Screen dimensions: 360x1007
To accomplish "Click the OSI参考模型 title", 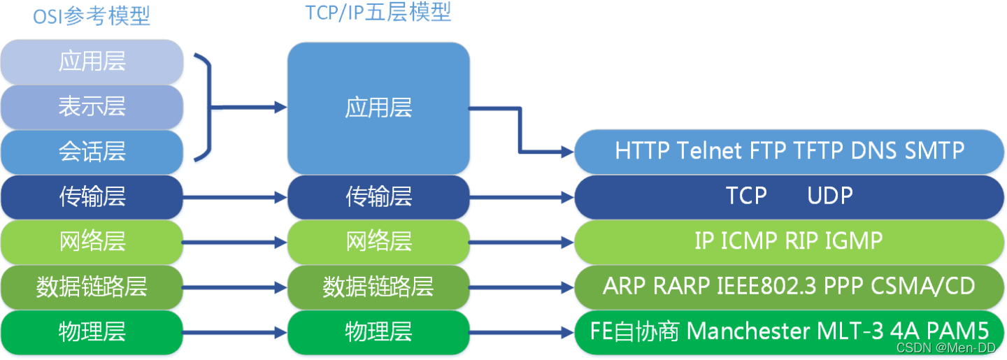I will coord(92,16).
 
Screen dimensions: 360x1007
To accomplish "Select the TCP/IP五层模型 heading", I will coord(378,13).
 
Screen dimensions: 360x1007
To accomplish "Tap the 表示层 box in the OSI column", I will coord(92,106).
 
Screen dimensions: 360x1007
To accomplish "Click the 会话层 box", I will coord(92,152).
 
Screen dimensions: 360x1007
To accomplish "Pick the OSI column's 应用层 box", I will coord(92,62).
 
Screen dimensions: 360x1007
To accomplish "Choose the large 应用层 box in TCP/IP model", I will coord(378,108).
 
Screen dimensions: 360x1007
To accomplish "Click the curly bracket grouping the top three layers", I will coord(203,107).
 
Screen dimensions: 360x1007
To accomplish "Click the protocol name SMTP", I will coord(934,151).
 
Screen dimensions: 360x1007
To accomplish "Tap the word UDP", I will coord(830,196).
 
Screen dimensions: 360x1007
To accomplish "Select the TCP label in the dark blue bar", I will coord(746,196).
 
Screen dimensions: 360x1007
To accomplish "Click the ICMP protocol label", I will coord(748,241).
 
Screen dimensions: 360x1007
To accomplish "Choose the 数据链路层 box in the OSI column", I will coord(92,287).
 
